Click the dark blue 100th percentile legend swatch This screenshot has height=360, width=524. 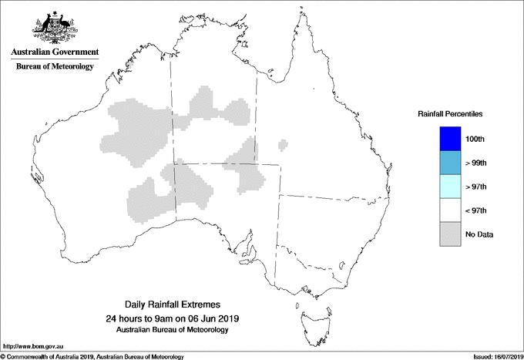[449, 138]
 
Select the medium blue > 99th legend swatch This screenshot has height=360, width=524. [449, 162]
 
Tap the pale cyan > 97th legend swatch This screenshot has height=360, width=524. [449, 186]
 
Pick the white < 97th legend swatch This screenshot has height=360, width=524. [449, 210]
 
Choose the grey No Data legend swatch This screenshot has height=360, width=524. [449, 234]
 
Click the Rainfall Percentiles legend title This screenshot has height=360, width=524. [450, 113]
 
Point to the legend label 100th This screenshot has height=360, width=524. [475, 139]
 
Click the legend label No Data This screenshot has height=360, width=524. [479, 234]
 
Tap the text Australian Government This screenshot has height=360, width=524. [55, 52]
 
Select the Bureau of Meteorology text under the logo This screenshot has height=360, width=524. [55, 67]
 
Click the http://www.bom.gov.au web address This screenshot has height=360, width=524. [29, 347]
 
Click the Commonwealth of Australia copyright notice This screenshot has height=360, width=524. [92, 356]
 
